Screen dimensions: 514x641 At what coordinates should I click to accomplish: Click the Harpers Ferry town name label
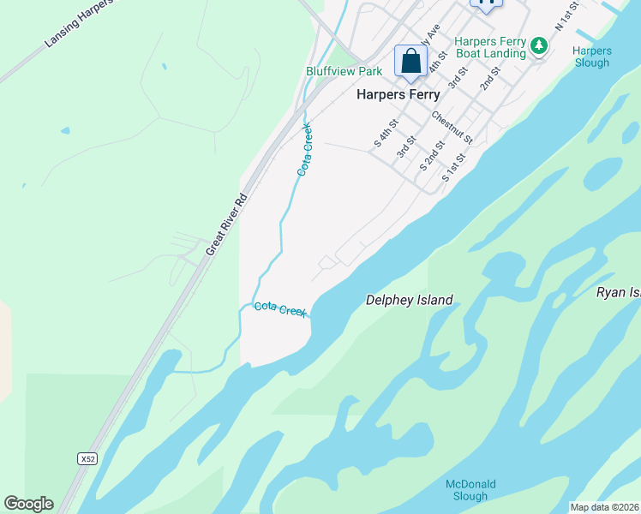[398, 95]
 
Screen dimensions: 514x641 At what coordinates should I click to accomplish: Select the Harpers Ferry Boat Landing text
[489, 47]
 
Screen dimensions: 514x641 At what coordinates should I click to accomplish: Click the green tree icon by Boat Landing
[539, 45]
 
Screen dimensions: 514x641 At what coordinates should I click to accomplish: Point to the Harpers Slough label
[591, 57]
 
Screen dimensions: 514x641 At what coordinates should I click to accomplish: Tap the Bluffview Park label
[344, 71]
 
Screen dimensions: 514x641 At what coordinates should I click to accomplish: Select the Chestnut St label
[452, 127]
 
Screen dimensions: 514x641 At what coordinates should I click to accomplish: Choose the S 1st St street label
[453, 167]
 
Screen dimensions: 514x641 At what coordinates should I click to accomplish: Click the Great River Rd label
[227, 224]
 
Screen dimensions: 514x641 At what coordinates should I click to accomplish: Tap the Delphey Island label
[409, 300]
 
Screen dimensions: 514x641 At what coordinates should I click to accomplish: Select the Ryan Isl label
[618, 293]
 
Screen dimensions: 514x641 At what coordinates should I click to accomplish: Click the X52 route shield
[87, 459]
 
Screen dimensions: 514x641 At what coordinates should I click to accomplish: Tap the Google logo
[28, 504]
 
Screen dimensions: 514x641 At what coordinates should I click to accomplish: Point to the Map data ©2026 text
[604, 507]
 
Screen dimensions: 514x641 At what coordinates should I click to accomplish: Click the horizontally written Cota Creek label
[280, 309]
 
